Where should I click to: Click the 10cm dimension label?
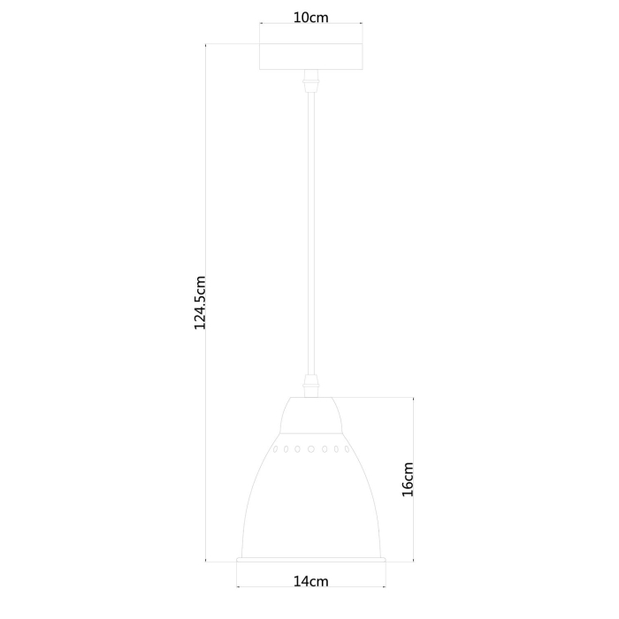tap(310, 18)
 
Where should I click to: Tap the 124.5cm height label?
tap(200, 302)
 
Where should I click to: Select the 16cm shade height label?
tap(408, 479)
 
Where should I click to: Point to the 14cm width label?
tap(310, 582)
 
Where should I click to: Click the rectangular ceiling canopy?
tap(310, 57)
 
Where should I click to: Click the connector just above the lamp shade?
tap(310, 386)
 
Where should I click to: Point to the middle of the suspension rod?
tap(311, 233)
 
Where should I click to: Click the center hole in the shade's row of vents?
tap(311, 449)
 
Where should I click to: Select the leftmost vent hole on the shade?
tap(275, 449)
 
